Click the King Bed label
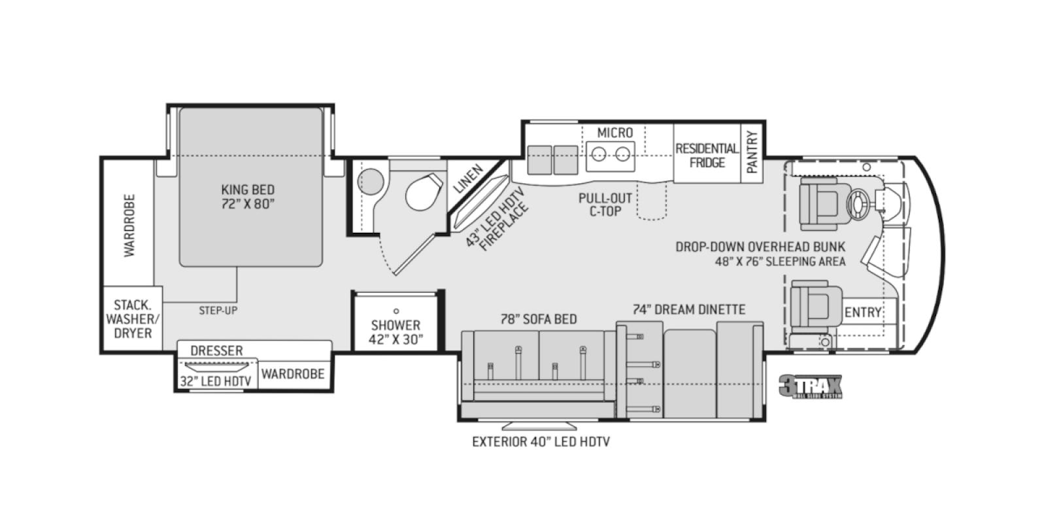point(247,196)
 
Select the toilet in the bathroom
point(422,191)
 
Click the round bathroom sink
point(371,181)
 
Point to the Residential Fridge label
point(707,156)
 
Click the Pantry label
point(752,152)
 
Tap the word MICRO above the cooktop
point(615,133)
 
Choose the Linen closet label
point(468,178)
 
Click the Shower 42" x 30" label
point(396,331)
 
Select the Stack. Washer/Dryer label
point(133,319)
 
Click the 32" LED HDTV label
point(216,381)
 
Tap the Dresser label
point(216,351)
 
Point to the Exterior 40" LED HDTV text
point(541,442)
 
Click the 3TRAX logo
point(810,387)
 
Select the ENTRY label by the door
point(862,312)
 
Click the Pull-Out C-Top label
point(605,204)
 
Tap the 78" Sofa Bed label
point(539,319)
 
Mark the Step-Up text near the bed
point(218,311)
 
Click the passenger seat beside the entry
point(813,305)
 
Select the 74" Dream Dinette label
point(688,309)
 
